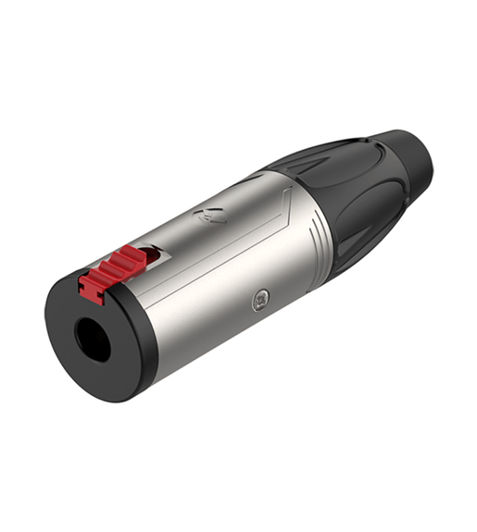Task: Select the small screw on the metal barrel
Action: tap(262, 298)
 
